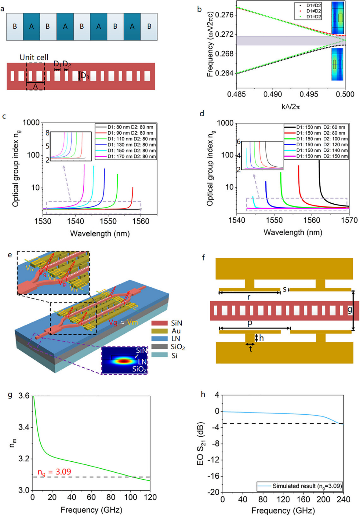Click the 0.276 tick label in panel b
pyautogui.click(x=224, y=15)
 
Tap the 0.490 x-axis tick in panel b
pyautogui.click(x=273, y=94)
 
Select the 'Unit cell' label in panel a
pyautogui.click(x=34, y=57)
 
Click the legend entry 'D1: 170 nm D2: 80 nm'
pyautogui.click(x=131, y=157)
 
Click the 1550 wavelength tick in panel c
pyautogui.click(x=108, y=221)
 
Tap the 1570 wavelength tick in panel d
pyautogui.click(x=349, y=220)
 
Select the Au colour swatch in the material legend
pyautogui.click(x=159, y=331)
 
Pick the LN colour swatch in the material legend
pyautogui.click(x=159, y=339)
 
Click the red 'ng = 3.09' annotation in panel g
pyautogui.click(x=54, y=472)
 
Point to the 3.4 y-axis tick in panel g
pyautogui.click(x=24, y=427)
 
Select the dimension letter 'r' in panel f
pyautogui.click(x=249, y=297)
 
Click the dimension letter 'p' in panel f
pyautogui.click(x=250, y=323)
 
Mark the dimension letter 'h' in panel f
pyautogui.click(x=261, y=338)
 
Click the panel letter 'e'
pyautogui.click(x=10, y=255)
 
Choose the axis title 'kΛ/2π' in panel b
pyautogui.click(x=290, y=107)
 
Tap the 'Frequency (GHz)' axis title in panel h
pyautogui.click(x=283, y=510)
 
